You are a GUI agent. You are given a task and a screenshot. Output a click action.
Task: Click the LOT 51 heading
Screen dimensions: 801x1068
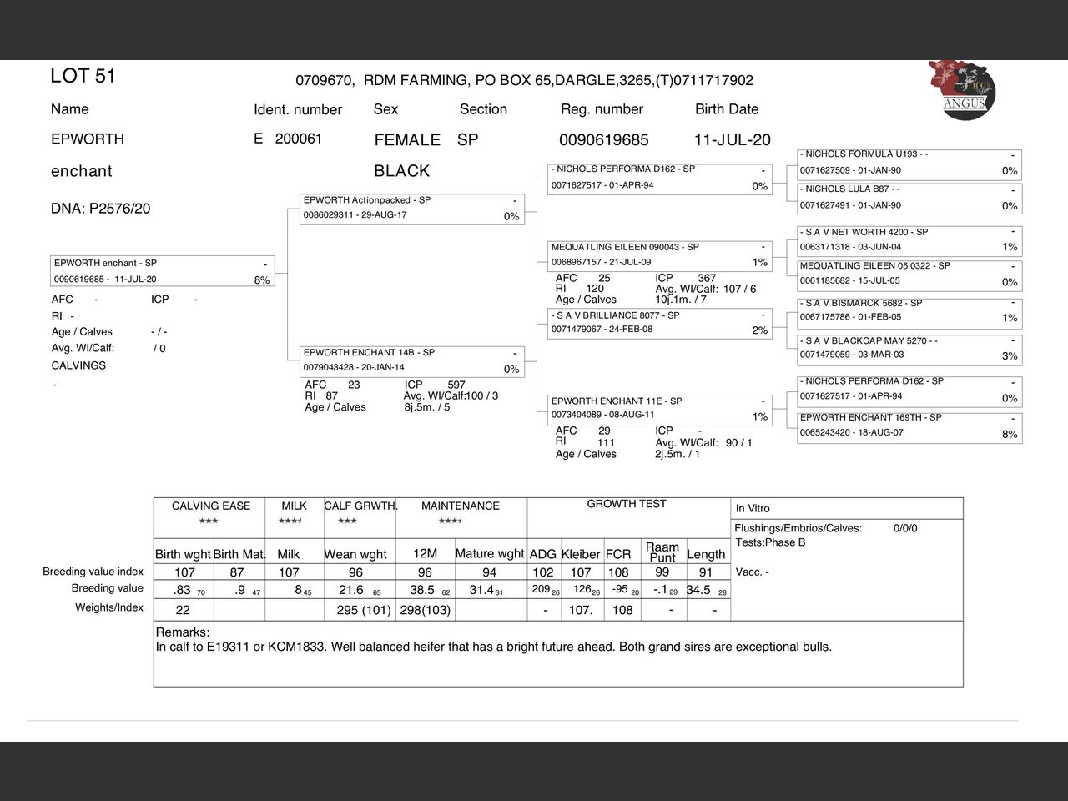tap(83, 76)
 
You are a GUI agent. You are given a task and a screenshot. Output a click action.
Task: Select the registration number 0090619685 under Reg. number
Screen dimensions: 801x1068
tap(603, 140)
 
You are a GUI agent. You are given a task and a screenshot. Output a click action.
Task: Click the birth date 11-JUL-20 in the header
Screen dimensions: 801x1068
tap(732, 140)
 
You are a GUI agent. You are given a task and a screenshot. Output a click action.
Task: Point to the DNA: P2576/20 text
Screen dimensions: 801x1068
tap(100, 209)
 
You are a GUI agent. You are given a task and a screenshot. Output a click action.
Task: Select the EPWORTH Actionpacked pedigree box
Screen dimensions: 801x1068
tap(412, 209)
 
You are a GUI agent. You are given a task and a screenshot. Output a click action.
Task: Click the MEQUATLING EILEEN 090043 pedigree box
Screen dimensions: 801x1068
tap(660, 254)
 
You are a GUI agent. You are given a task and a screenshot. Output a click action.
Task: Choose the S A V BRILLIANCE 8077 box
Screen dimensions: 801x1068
tap(660, 323)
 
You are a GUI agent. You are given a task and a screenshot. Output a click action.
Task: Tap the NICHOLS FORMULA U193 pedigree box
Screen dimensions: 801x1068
tap(909, 163)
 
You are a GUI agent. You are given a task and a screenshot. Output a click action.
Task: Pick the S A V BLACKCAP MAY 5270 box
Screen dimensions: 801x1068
tap(909, 348)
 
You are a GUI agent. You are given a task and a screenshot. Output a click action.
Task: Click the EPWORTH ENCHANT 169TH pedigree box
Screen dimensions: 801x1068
tap(909, 426)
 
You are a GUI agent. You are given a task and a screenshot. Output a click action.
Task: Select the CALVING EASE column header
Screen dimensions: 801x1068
tap(210, 506)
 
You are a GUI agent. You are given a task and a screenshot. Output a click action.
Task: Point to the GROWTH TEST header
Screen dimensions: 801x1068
tap(627, 504)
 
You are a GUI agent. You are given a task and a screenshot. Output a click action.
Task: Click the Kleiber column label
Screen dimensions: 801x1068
tap(581, 554)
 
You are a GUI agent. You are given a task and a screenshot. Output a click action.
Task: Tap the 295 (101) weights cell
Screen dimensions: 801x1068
tap(364, 610)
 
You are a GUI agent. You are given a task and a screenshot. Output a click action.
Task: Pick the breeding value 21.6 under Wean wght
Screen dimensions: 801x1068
tap(350, 590)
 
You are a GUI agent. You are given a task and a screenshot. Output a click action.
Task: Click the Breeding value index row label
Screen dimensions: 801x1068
tap(93, 572)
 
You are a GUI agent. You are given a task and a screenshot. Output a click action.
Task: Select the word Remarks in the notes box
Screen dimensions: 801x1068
tap(183, 632)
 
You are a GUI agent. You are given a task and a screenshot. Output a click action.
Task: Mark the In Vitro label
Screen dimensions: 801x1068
tap(753, 508)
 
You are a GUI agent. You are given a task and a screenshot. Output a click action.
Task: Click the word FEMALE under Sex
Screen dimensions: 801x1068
tap(407, 140)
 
